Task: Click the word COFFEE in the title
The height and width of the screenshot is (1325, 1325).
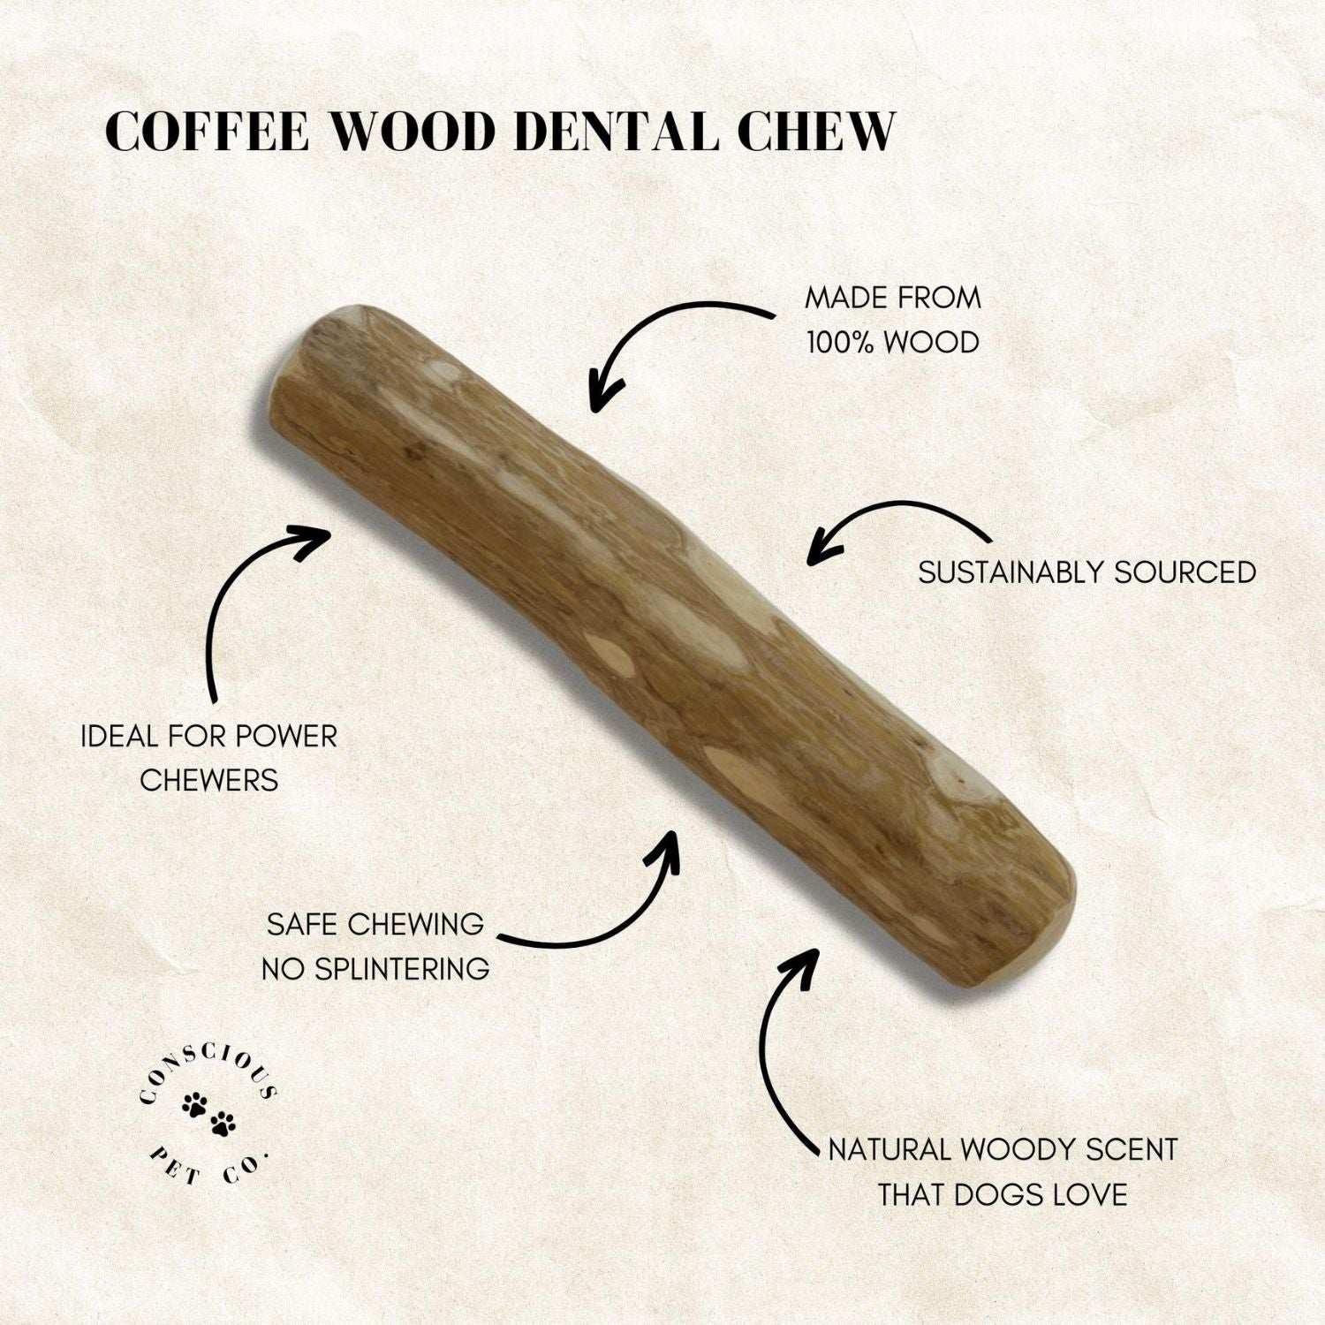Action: pos(207,132)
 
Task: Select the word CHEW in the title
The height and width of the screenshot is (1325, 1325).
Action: pos(816,132)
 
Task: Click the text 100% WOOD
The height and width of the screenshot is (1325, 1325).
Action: pos(893,342)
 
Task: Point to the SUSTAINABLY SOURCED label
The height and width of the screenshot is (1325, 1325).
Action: pos(1087,572)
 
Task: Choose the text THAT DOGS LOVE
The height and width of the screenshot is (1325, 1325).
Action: pos(1003,1195)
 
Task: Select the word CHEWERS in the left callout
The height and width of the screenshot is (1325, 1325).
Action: pos(209,780)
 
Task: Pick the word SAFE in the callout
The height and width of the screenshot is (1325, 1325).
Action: pos(302,925)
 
